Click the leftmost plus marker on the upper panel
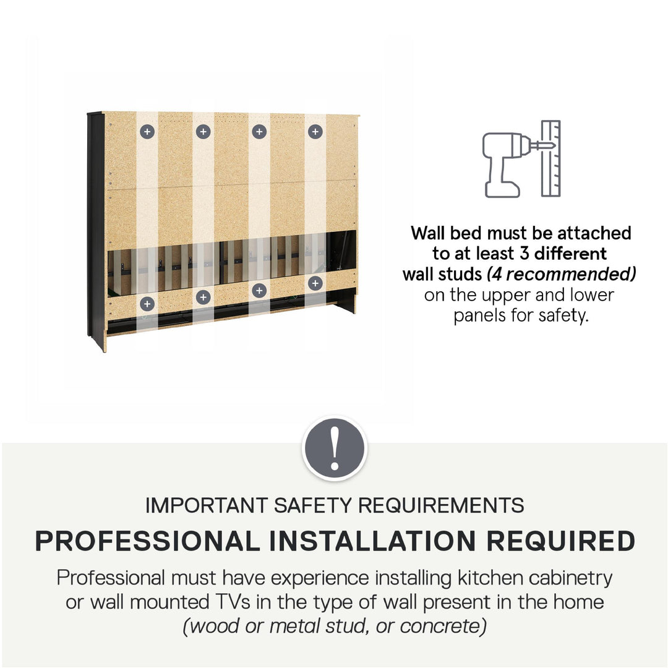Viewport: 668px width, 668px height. (147, 132)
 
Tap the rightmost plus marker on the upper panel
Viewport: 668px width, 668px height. (315, 132)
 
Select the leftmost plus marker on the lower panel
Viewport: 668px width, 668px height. (147, 304)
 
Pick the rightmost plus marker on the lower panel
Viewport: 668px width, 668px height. (315, 283)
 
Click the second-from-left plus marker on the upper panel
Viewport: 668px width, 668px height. (203, 132)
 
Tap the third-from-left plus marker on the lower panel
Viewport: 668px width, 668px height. (259, 291)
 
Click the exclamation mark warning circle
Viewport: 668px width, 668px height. (335, 448)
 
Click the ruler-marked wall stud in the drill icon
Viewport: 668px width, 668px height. (551, 158)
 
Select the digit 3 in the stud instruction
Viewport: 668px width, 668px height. (525, 254)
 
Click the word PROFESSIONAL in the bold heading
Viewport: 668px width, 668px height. (147, 541)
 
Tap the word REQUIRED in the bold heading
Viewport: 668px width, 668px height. (560, 541)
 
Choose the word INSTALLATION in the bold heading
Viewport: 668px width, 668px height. (373, 541)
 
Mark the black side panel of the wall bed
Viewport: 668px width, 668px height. (96, 226)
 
